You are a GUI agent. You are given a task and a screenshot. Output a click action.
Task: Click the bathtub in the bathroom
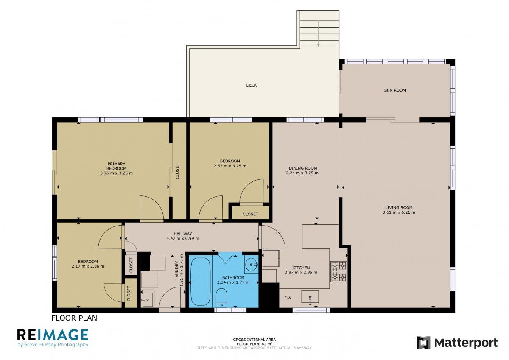[x=200, y=282]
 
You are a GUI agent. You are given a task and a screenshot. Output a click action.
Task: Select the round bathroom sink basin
[x=251, y=265]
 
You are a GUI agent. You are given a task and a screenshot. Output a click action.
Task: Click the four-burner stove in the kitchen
[x=338, y=272]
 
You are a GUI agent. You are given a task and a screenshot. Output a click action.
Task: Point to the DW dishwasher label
[x=288, y=298]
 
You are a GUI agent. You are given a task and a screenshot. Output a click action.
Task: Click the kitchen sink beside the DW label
[x=310, y=297]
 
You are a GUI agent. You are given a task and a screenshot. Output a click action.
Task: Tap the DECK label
[x=252, y=85]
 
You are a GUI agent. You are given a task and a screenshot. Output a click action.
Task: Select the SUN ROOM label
[x=395, y=90]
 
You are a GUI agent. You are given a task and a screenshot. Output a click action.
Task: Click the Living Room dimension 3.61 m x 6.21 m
[x=399, y=212]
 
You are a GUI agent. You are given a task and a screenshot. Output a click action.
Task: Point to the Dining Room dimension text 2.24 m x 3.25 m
[x=302, y=173]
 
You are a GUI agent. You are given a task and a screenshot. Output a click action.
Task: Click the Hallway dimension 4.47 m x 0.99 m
[x=183, y=238]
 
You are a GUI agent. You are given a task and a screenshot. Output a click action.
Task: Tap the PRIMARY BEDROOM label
[x=116, y=166]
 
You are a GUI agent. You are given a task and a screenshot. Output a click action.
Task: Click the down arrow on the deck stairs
[x=319, y=34]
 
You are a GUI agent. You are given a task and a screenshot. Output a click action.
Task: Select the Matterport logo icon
[x=423, y=343]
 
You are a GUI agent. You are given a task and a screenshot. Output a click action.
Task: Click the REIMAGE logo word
[x=53, y=335]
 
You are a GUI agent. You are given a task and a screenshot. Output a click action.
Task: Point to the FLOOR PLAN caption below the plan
[x=74, y=318]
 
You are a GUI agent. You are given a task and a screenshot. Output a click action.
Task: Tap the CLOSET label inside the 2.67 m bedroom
[x=250, y=214]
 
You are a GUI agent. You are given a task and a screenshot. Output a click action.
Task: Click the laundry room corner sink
[x=147, y=299]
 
